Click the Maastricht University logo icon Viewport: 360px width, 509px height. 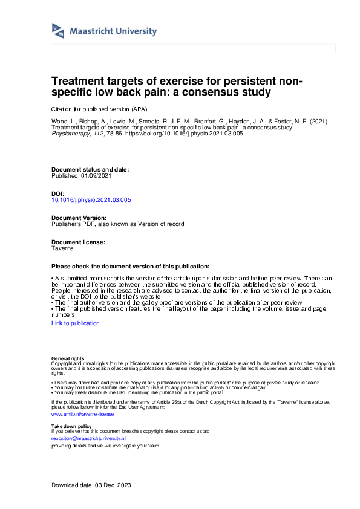click(59, 31)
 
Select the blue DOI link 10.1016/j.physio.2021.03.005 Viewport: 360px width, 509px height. click(91, 199)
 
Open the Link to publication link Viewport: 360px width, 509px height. click(76, 323)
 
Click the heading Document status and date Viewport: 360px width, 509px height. click(90, 170)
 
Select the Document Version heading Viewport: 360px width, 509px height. click(79, 217)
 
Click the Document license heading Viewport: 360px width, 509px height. click(79, 242)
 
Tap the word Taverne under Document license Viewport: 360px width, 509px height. click(63, 248)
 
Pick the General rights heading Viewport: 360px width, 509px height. click(68, 359)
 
